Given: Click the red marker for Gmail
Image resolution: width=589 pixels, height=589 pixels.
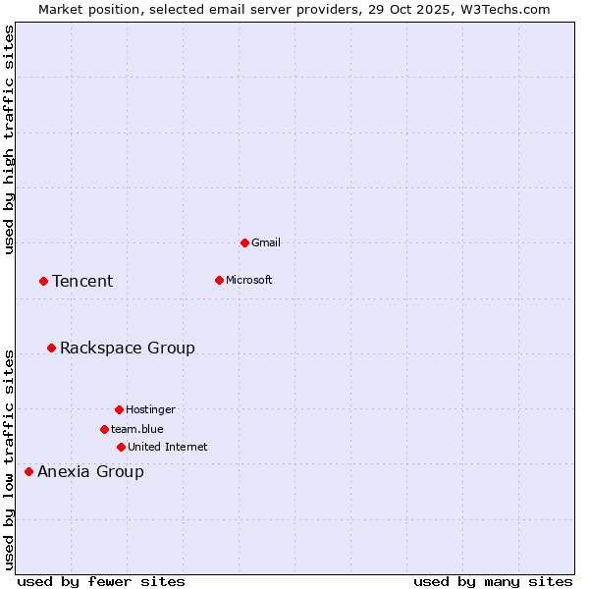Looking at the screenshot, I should click(x=244, y=242).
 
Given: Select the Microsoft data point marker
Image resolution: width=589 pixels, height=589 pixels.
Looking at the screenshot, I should click(x=219, y=280).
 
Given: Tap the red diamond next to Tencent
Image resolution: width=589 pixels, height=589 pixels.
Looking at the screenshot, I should click(x=43, y=281).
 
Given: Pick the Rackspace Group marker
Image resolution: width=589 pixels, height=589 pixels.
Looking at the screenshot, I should click(x=51, y=348).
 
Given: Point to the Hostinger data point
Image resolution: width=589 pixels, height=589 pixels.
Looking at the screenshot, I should click(x=119, y=409).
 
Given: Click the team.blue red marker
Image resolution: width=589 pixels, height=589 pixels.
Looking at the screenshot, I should click(x=104, y=429).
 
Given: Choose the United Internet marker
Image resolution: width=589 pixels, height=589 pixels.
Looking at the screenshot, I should click(x=121, y=447).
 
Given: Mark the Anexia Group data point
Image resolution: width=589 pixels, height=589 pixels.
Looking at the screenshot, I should click(x=28, y=471).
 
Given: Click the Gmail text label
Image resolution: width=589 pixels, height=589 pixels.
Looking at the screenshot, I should click(x=266, y=242).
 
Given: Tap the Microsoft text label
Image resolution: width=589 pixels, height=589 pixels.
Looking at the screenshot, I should click(x=249, y=280).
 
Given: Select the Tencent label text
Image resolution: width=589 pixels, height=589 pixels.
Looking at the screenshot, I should click(x=82, y=281).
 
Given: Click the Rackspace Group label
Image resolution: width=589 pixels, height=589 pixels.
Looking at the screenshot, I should click(x=128, y=348).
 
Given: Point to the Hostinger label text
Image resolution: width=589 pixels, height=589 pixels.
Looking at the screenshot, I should click(x=150, y=409).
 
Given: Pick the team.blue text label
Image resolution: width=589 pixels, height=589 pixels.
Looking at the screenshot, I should click(x=137, y=429).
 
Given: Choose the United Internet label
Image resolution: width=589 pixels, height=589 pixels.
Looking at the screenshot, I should click(x=168, y=447).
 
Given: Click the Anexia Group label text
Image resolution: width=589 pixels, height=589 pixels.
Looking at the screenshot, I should click(x=90, y=471).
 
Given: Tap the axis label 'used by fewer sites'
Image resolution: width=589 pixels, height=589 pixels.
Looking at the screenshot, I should click(x=101, y=581).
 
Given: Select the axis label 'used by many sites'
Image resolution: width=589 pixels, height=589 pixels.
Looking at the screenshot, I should click(x=493, y=581).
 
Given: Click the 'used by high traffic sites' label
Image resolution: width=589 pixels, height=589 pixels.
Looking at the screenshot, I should click(x=9, y=139).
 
